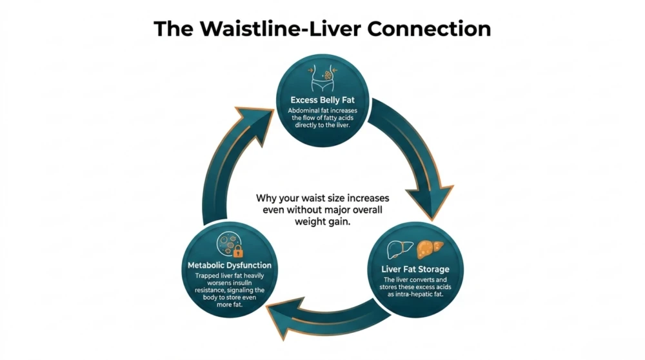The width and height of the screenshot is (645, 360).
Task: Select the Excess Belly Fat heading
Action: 322,101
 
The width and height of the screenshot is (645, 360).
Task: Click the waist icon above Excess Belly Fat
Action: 322,79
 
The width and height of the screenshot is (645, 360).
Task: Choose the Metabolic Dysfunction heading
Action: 230,265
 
